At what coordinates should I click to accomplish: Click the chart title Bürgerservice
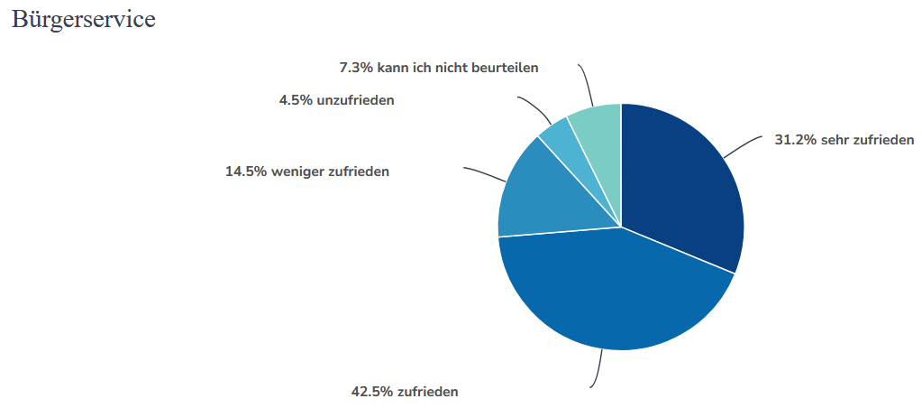click(x=83, y=20)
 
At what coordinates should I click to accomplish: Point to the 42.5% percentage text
click(x=371, y=392)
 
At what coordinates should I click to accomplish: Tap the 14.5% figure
click(x=246, y=171)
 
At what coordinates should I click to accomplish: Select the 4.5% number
click(x=296, y=100)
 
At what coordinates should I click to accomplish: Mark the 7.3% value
click(x=355, y=68)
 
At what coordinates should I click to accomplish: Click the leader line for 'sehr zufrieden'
click(x=743, y=147)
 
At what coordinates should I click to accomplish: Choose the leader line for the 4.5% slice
click(x=536, y=107)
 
